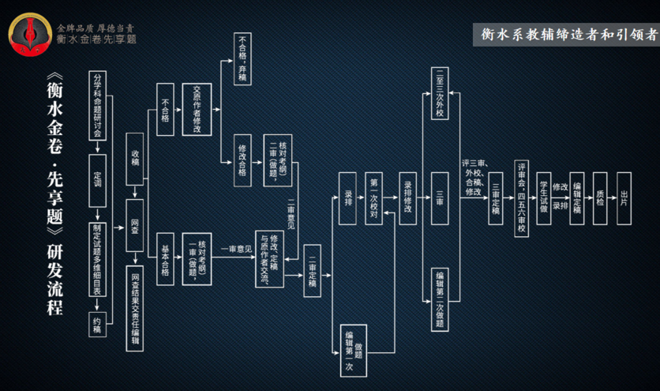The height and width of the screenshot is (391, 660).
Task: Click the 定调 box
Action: pos(98,180)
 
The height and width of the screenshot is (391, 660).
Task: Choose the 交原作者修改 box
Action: pos(197,111)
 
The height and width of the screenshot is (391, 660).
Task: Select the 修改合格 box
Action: pos(243,160)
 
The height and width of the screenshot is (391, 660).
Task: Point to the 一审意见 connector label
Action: pos(235,250)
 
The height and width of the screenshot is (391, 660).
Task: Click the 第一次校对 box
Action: pos(374,198)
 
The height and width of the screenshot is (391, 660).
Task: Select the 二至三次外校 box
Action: pos(441,92)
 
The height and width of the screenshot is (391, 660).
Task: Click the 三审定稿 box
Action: pos(496,198)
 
